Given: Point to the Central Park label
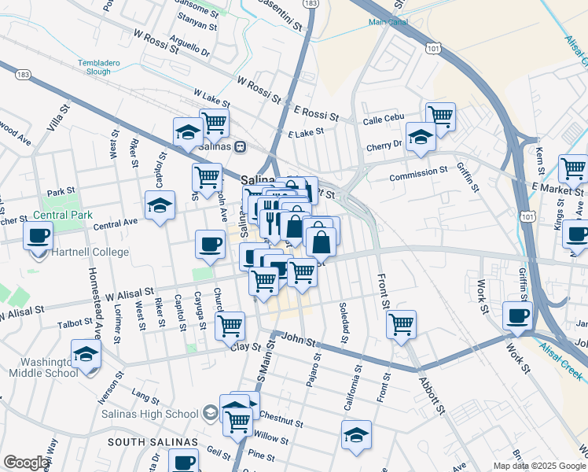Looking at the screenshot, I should coord(62,215).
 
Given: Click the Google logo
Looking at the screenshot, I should coord(26,463).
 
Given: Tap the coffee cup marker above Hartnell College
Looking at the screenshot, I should coord(39,235).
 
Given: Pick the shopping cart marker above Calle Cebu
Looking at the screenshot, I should coord(440,116).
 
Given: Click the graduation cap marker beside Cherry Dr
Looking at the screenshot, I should coord(421,136).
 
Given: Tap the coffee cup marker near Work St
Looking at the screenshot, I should coord(516,315).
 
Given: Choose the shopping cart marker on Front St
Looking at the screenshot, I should coord(401,323).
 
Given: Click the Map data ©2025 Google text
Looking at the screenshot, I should coord(538,466).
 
